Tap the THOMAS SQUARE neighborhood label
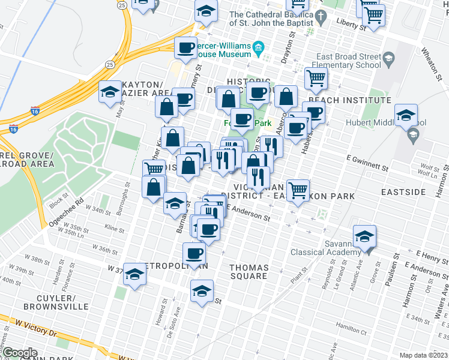[249, 272]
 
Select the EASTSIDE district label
[403, 192]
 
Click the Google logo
[20, 353]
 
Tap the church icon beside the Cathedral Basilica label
[321, 18]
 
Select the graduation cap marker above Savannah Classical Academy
[364, 235]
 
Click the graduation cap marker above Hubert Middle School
[406, 114]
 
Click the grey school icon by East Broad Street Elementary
[388, 58]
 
